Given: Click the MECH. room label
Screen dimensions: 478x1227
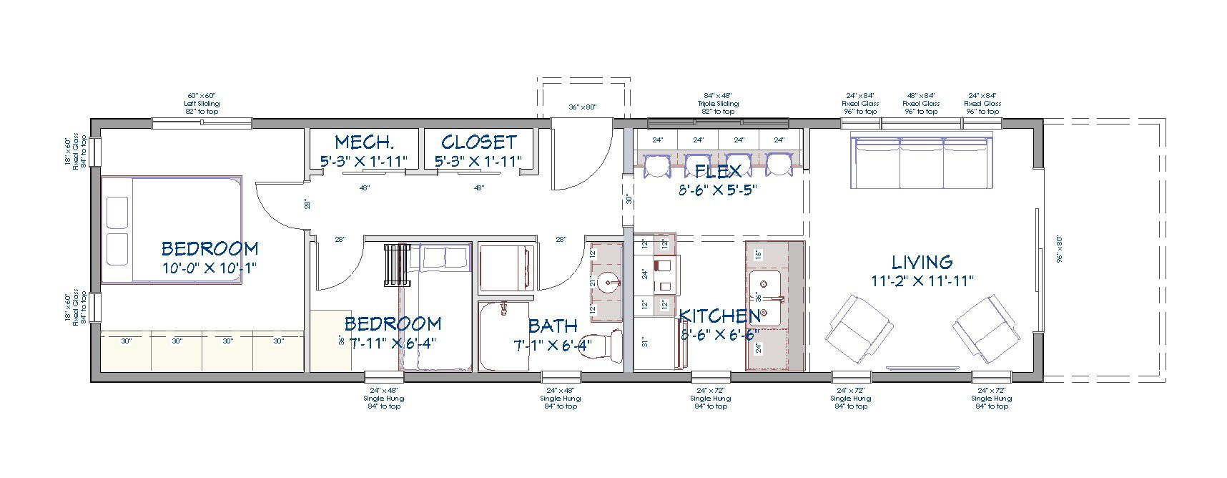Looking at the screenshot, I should pyautogui.click(x=365, y=142).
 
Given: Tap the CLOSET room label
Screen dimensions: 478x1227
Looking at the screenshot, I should pyautogui.click(x=478, y=142).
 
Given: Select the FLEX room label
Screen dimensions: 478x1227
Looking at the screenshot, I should pyautogui.click(x=717, y=171).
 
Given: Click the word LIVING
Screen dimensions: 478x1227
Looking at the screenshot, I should pyautogui.click(x=922, y=262).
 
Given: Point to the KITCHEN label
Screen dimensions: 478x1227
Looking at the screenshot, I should pyautogui.click(x=719, y=316).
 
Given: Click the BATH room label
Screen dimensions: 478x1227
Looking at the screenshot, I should pyautogui.click(x=552, y=326).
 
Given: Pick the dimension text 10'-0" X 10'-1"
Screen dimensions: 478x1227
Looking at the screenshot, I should pyautogui.click(x=209, y=268).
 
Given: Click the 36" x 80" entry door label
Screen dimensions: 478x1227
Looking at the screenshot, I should pyautogui.click(x=582, y=107).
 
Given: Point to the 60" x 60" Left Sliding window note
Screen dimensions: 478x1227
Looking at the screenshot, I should pyautogui.click(x=201, y=103).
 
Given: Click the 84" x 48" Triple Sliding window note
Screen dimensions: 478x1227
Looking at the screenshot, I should pyautogui.click(x=718, y=103).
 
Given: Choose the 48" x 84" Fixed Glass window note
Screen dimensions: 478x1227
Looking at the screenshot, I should pyautogui.click(x=921, y=103).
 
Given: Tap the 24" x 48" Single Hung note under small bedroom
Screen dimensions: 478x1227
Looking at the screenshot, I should pyautogui.click(x=384, y=399).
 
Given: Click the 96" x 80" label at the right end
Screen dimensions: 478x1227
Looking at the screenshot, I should pyautogui.click(x=1060, y=250).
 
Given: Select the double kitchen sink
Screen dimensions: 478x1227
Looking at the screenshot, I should pyautogui.click(x=764, y=297).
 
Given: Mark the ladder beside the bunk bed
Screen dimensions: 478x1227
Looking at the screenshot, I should pyautogui.click(x=397, y=265).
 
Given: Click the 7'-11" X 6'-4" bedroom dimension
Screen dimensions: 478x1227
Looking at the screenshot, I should pyautogui.click(x=391, y=343).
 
